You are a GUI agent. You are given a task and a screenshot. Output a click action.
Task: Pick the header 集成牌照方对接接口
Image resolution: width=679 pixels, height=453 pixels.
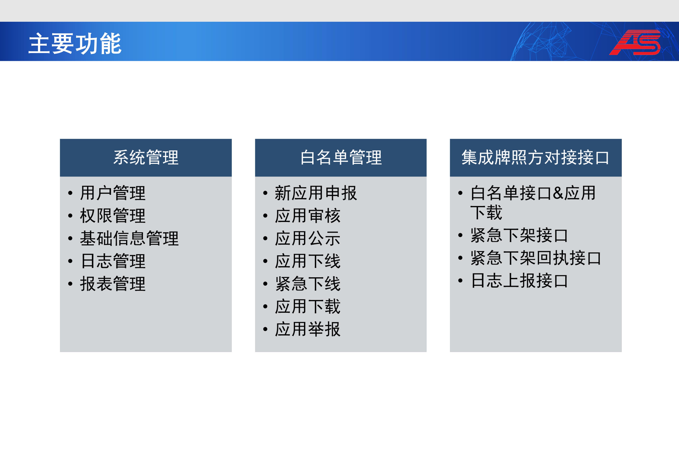(x=536, y=157)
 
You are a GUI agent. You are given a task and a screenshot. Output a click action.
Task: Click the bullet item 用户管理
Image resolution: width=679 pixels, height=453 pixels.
(x=113, y=193)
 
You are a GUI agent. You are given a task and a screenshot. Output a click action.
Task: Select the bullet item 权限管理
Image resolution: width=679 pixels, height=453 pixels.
(x=113, y=216)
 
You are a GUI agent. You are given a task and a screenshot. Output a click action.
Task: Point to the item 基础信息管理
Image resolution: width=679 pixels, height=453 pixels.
(x=129, y=238)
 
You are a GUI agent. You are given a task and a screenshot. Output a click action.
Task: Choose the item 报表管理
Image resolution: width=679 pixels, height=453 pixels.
(x=113, y=284)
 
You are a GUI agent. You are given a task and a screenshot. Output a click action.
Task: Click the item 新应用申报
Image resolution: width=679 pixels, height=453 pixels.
(x=316, y=193)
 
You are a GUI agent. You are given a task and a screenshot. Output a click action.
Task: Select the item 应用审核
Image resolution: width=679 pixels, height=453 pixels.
(x=308, y=216)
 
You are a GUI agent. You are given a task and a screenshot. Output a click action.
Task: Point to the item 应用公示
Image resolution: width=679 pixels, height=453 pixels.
(x=308, y=238)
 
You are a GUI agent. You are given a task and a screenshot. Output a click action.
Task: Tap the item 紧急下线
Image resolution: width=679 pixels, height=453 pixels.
(x=308, y=284)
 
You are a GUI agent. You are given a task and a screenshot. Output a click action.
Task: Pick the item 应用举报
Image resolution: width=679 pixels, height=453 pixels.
(x=308, y=329)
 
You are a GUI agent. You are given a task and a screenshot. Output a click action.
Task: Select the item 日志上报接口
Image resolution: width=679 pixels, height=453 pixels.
(x=519, y=281)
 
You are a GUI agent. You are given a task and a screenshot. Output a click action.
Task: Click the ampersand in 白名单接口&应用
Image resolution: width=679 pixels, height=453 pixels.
(x=558, y=193)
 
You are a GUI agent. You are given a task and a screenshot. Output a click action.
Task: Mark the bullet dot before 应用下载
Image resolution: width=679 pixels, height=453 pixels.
(x=265, y=306)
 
